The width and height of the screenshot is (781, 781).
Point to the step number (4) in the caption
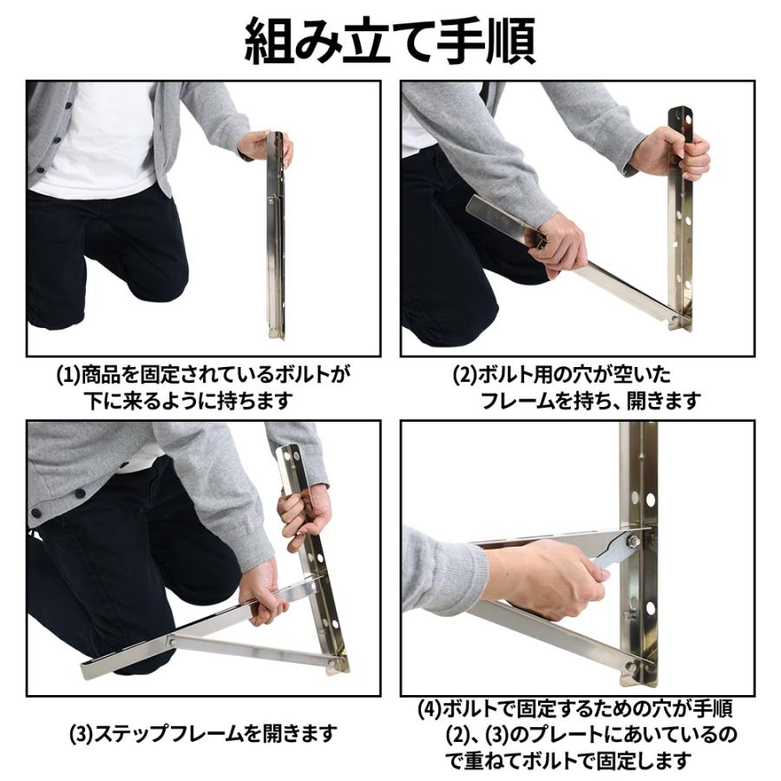pos(430,709)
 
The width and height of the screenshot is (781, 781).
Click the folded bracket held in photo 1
pos(276,234)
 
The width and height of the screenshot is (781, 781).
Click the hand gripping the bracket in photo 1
pos(260,145)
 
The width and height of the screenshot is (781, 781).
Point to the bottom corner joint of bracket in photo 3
pos(337,664)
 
